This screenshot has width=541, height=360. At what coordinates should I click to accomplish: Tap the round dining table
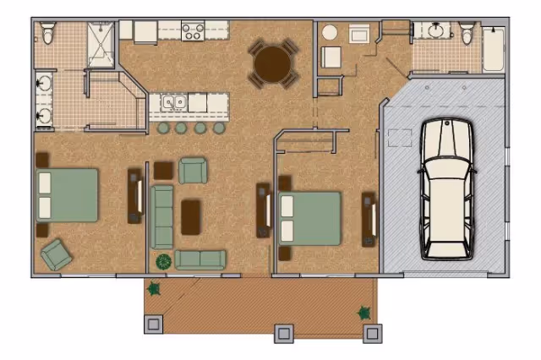(273, 63)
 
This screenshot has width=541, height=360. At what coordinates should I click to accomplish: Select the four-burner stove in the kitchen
(193, 31)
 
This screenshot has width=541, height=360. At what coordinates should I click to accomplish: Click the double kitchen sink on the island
(175, 103)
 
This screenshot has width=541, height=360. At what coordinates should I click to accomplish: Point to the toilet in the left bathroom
(49, 34)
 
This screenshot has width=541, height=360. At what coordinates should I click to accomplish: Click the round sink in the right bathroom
(437, 31)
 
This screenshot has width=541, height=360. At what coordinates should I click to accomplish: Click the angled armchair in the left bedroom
(57, 253)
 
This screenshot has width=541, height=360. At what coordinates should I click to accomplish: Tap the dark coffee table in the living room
(192, 216)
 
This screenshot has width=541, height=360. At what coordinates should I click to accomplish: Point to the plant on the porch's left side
(154, 289)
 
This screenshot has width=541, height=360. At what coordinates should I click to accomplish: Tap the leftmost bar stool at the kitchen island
(163, 128)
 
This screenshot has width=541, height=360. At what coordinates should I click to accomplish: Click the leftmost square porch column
(154, 324)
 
